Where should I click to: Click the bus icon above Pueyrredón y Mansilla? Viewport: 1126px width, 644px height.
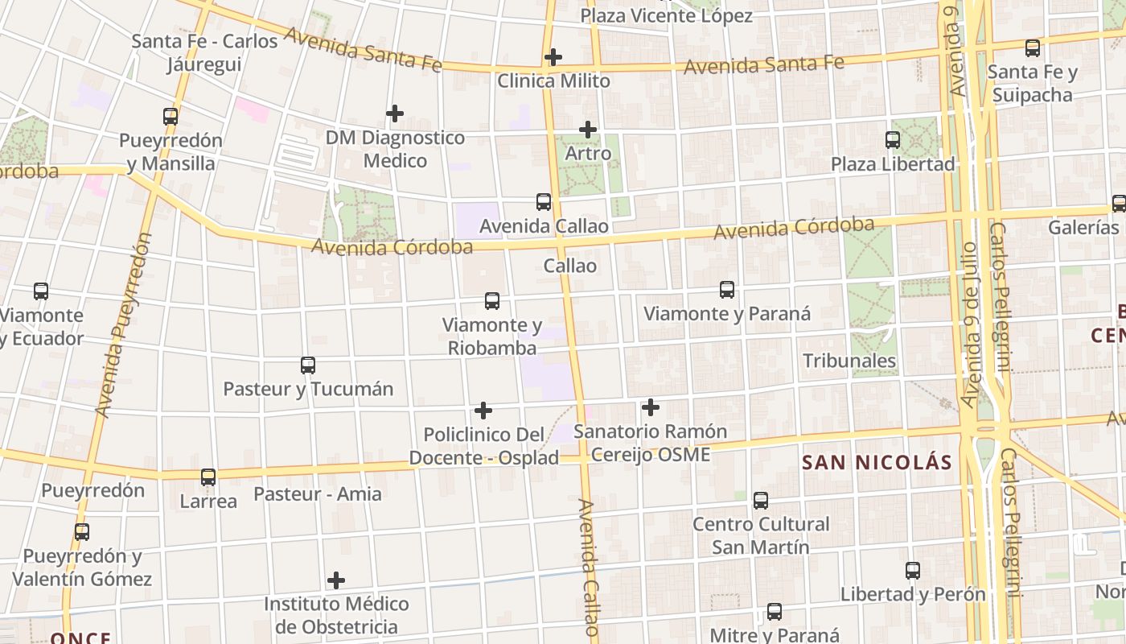click(171, 116)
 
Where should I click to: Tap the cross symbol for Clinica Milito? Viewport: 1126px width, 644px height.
click(553, 57)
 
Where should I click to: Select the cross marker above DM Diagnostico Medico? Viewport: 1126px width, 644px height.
click(394, 114)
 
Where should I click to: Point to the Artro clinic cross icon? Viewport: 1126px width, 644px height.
click(588, 129)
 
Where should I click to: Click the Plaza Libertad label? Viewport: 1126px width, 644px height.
click(893, 164)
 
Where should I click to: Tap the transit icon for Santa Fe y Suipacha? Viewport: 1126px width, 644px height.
click(1033, 48)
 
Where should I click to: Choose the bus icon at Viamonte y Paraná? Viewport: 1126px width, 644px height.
click(727, 290)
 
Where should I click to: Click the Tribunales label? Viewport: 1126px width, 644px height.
click(849, 361)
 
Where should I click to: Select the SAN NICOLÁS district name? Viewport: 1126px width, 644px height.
click(877, 463)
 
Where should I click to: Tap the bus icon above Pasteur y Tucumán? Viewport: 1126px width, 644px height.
click(308, 365)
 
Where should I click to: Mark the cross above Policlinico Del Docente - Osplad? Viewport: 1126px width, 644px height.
click(483, 411)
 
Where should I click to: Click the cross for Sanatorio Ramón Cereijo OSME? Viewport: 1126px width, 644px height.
click(650, 407)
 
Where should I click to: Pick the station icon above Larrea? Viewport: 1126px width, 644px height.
click(208, 477)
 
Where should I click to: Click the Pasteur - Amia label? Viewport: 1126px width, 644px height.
click(318, 494)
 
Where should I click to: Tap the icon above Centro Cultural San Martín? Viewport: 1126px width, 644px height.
click(761, 501)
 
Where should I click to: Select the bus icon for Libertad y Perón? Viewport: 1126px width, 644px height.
click(913, 571)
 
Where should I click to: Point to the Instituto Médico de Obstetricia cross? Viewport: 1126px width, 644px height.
click(336, 580)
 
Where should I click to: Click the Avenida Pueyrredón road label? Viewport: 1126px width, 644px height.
click(122, 325)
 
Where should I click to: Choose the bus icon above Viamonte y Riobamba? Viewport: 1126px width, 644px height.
click(492, 301)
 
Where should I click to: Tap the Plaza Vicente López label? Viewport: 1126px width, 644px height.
click(666, 15)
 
